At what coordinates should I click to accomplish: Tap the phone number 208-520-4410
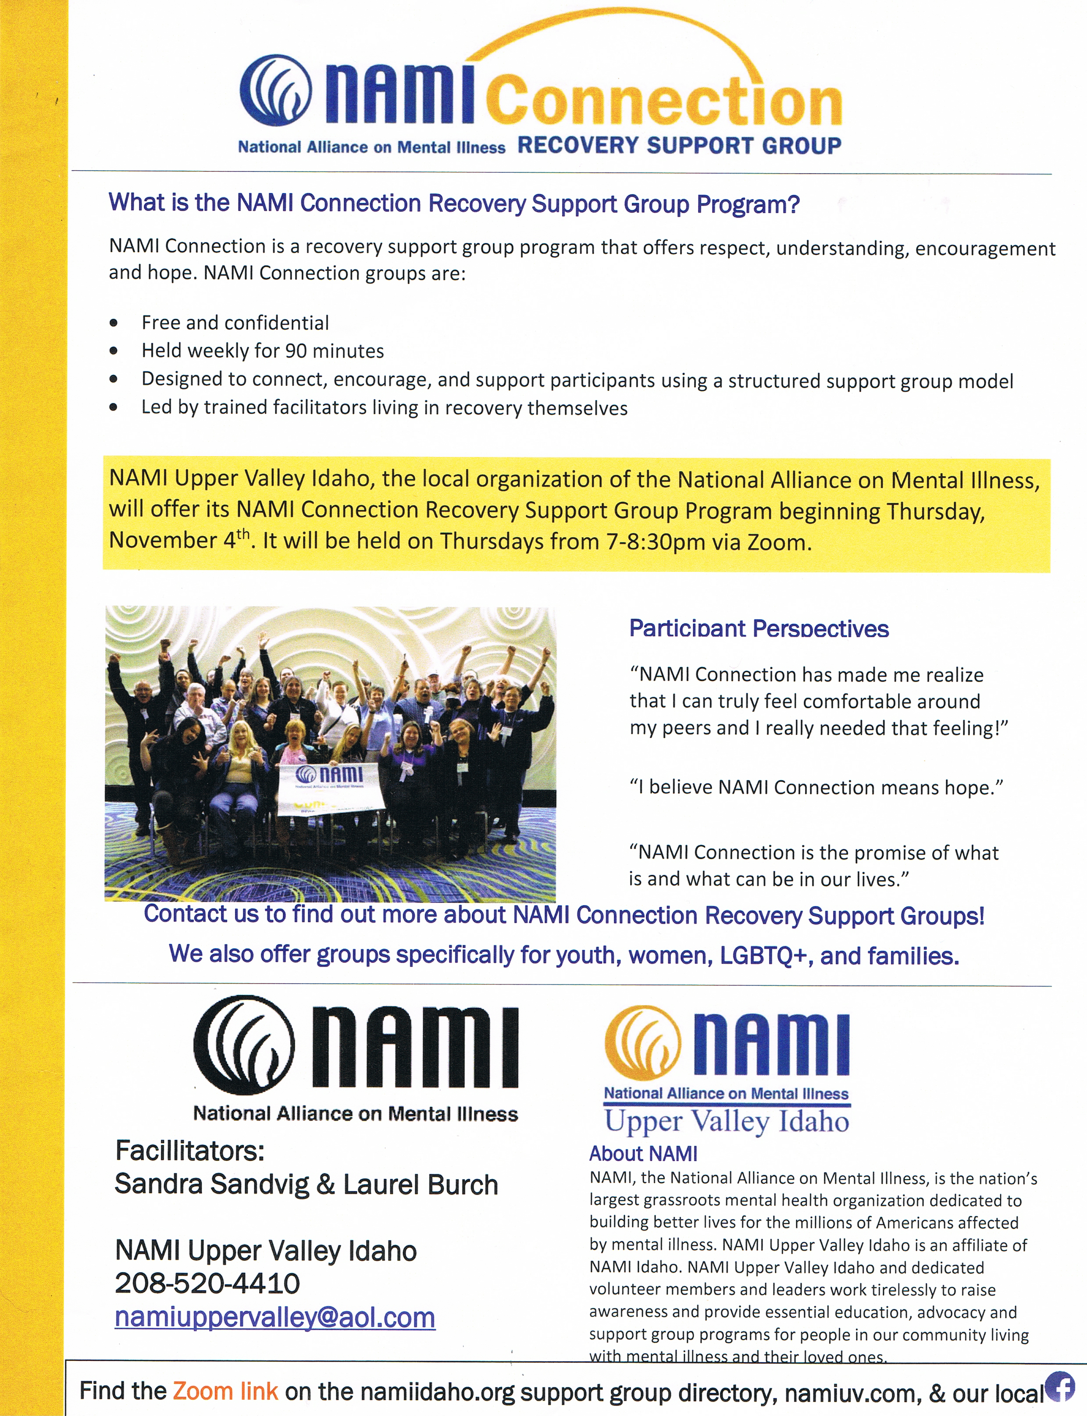tap(207, 1283)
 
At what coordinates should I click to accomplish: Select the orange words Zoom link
tap(225, 1391)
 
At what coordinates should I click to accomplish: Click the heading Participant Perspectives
tap(759, 628)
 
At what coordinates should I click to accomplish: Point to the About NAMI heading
tap(643, 1153)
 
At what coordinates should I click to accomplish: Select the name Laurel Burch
tap(421, 1184)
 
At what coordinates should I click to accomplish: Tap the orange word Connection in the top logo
tap(664, 102)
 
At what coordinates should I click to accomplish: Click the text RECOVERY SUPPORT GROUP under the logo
tap(679, 145)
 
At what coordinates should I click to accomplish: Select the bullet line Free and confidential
tap(235, 322)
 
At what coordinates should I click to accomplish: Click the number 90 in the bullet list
tap(296, 351)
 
